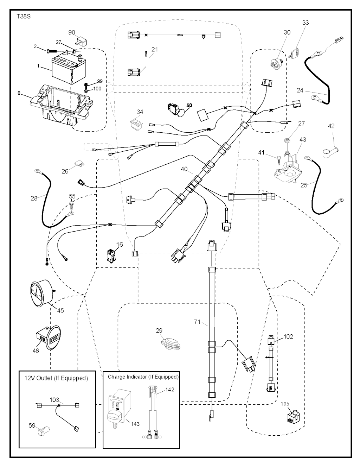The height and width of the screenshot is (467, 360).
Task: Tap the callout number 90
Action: tap(72, 32)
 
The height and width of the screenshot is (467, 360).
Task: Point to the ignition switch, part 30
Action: tap(276, 66)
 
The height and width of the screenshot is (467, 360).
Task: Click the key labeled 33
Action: tap(295, 52)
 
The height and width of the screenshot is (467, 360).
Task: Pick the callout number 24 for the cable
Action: tap(300, 90)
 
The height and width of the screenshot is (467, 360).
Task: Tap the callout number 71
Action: tap(197, 322)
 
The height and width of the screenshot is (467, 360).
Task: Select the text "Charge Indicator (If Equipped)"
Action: tap(143, 377)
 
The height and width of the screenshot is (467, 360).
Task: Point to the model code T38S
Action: tap(24, 16)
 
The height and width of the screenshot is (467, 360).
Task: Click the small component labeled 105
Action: tap(293, 418)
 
